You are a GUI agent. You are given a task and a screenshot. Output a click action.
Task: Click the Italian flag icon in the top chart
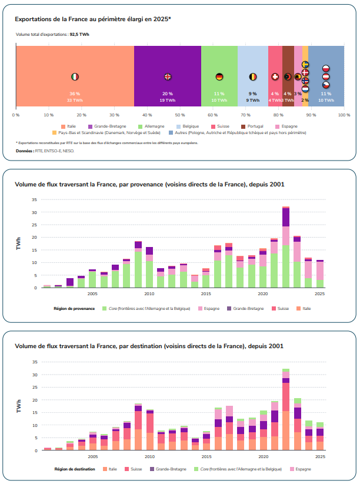coord(75,76)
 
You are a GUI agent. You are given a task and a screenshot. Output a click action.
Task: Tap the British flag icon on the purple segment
coord(168,76)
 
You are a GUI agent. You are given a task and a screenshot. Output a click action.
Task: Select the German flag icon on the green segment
coord(219,76)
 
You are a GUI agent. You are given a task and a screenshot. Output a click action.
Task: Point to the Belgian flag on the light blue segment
coord(252,76)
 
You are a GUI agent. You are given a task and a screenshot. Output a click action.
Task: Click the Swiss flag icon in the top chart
coord(275,76)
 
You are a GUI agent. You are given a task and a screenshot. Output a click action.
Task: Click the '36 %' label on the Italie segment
coord(75,94)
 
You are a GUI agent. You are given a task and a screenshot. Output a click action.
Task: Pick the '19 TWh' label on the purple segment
coord(168,100)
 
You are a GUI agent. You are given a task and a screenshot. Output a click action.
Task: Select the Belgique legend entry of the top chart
coord(192,126)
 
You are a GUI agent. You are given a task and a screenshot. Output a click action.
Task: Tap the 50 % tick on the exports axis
coord(180,115)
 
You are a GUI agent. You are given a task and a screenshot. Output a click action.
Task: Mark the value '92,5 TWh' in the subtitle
coord(80,35)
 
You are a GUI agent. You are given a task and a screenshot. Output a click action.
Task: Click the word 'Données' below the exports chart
coord(24,151)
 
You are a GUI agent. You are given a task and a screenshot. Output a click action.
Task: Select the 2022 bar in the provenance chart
coord(286,247)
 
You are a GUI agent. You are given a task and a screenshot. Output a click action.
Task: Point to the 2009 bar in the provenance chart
coord(138,264)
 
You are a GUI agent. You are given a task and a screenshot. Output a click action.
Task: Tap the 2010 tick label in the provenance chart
coord(149,293)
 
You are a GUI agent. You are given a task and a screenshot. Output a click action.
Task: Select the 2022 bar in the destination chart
coord(286,409)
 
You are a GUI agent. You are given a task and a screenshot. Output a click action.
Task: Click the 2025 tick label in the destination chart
coord(320,456)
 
